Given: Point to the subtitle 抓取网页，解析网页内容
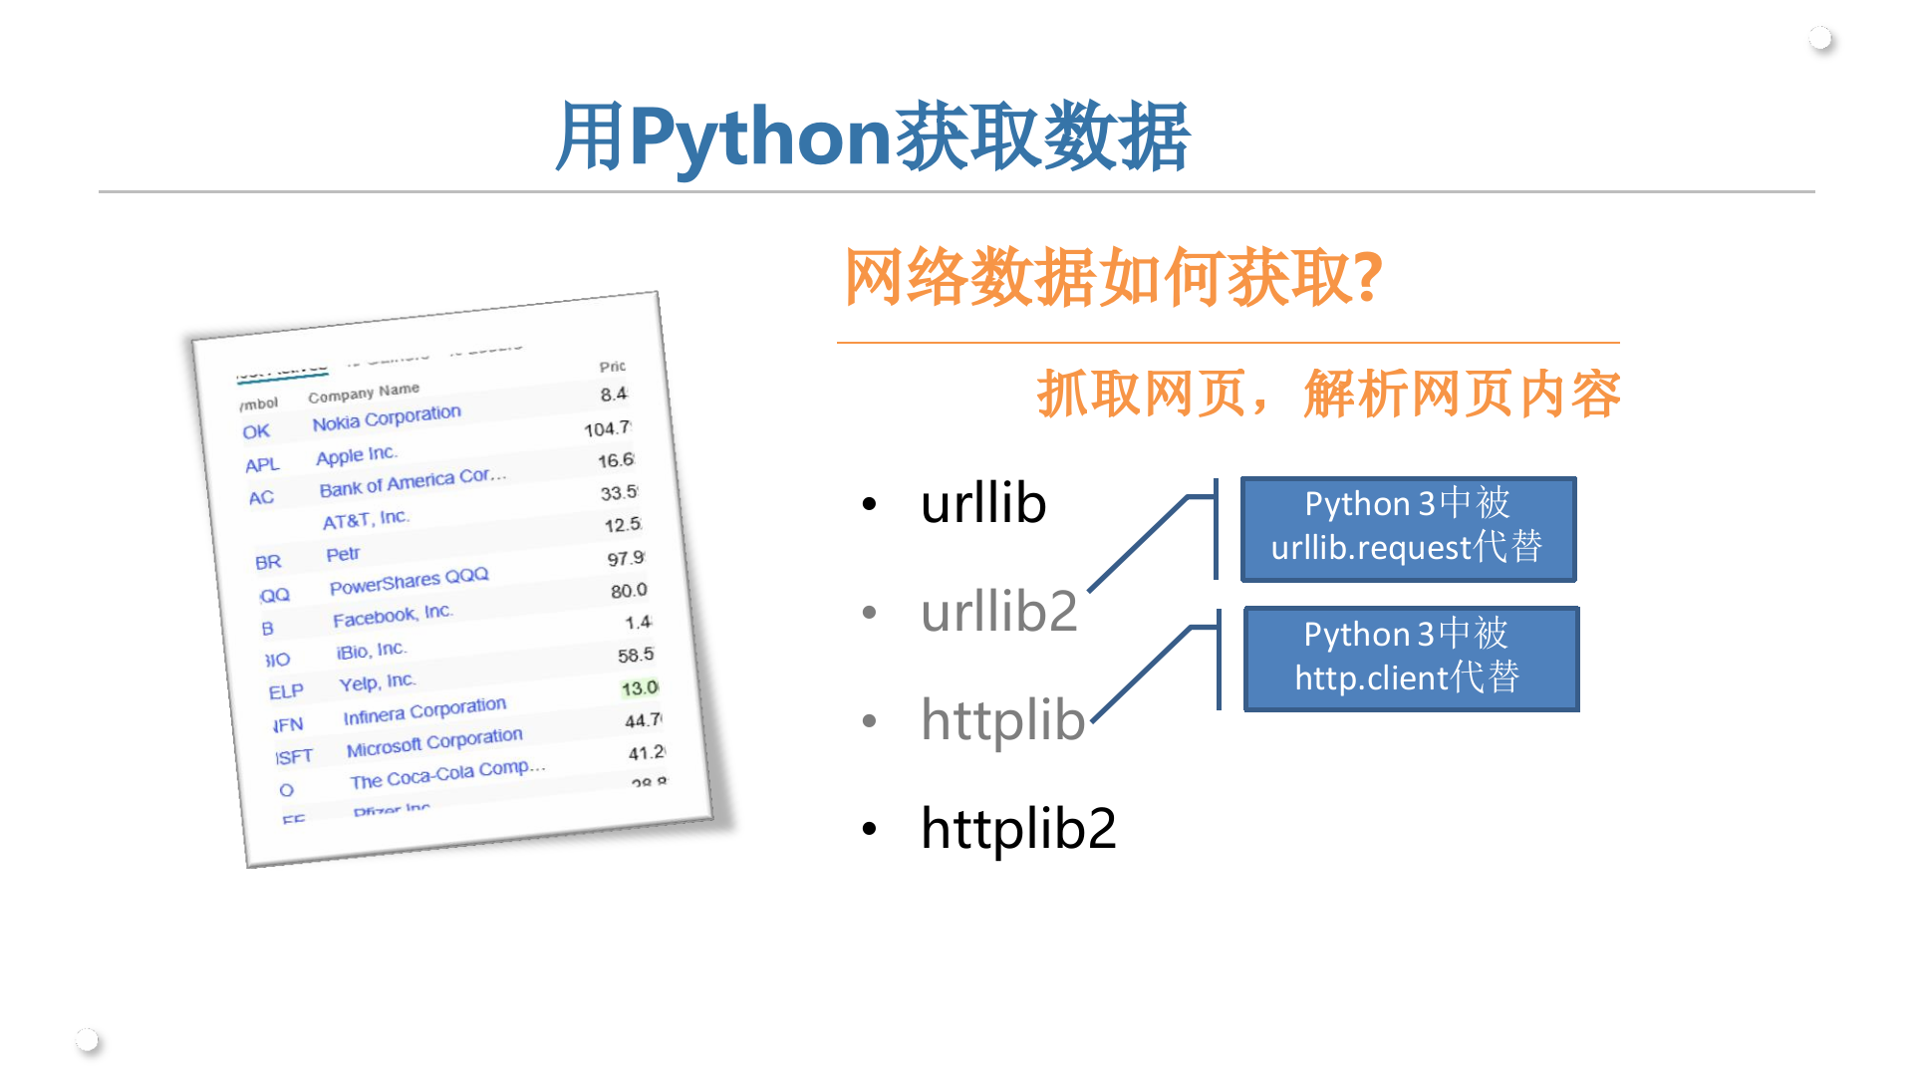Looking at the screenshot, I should click(x=1328, y=394).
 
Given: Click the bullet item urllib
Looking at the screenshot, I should click(x=982, y=503).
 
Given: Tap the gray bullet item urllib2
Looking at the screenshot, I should click(x=998, y=611).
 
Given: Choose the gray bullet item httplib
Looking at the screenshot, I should click(x=1002, y=719).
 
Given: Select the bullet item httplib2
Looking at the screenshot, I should click(x=1017, y=828).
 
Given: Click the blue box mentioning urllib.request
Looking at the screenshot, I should click(x=1408, y=528).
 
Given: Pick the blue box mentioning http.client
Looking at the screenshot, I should click(x=1411, y=659).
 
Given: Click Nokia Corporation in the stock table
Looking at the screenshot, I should click(x=387, y=417).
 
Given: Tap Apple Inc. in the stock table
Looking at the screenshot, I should click(x=357, y=455).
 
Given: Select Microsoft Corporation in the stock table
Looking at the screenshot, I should click(x=434, y=742).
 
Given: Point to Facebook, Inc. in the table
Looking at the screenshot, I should click(x=393, y=616).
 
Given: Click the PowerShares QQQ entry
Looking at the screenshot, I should click(x=409, y=581).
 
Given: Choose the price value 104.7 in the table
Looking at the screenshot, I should click(x=607, y=428).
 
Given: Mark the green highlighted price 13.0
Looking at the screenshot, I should click(x=639, y=687).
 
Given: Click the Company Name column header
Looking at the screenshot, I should click(x=364, y=393).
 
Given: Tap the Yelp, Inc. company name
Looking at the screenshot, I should click(x=377, y=682).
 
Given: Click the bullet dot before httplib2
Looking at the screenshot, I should click(x=870, y=828).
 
